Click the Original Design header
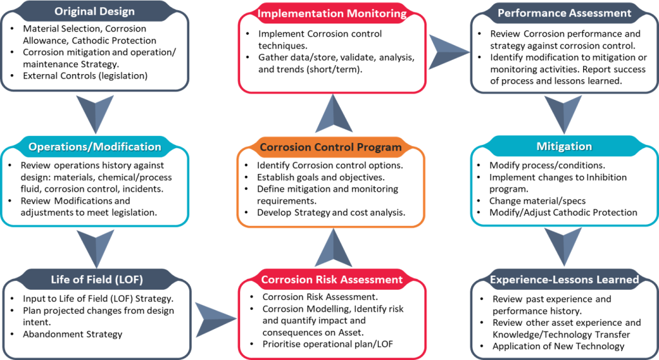point(94,12)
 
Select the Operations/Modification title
point(94,147)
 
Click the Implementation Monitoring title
point(331,13)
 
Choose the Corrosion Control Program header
point(330,147)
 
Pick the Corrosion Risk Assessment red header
point(331,279)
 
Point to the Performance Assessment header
point(564,12)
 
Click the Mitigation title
point(564,147)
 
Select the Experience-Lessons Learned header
point(564,279)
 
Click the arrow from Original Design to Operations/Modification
point(95,113)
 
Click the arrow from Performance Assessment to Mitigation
point(564,113)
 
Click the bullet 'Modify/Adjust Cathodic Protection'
point(563,213)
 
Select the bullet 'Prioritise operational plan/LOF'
point(331,343)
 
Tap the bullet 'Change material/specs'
point(537,201)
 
